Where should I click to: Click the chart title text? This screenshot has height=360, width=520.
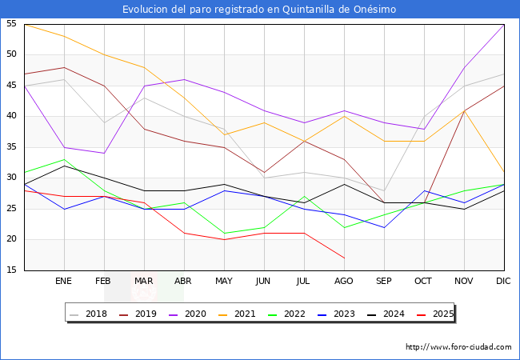click(259, 10)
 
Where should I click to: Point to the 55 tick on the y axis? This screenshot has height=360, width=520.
click(12, 24)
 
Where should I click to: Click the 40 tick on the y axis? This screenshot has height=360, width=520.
click(12, 116)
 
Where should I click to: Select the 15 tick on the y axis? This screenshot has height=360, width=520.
click(12, 270)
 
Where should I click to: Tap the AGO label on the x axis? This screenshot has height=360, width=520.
click(344, 282)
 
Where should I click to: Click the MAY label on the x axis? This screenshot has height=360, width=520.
click(224, 282)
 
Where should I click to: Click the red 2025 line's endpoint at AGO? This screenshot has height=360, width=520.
click(344, 258)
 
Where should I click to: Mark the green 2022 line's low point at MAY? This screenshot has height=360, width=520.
click(224, 234)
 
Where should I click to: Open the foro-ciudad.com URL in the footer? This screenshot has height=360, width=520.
click(458, 346)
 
